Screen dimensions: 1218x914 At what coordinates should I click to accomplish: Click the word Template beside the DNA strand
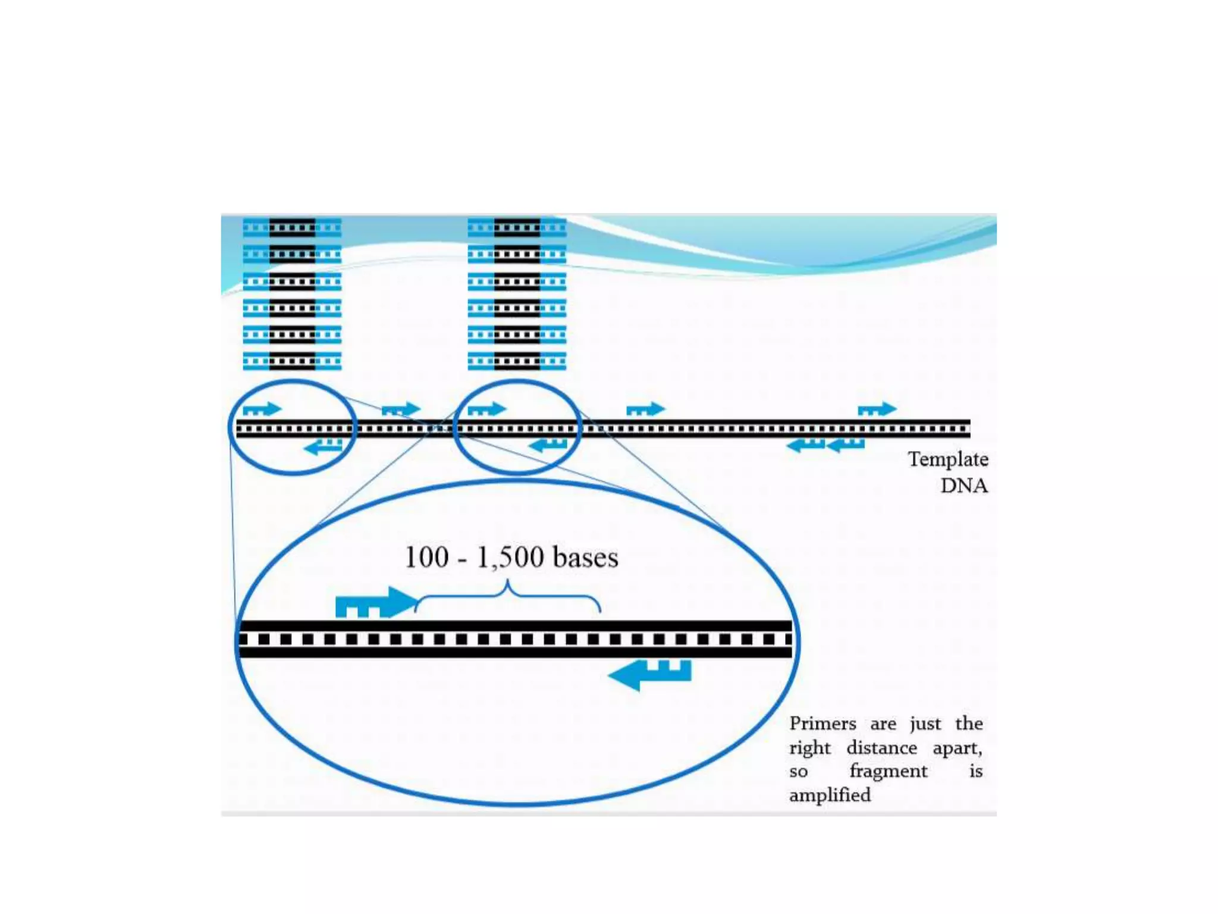(x=947, y=460)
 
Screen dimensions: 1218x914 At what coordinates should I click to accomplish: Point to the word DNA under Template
(x=963, y=486)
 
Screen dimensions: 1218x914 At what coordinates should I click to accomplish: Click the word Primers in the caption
(x=823, y=724)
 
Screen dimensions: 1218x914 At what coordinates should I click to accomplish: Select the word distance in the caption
(x=881, y=748)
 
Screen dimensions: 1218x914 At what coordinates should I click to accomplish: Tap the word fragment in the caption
(x=888, y=772)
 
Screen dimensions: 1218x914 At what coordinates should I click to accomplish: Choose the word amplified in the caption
(x=830, y=796)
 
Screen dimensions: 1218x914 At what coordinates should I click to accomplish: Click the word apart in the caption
(x=956, y=748)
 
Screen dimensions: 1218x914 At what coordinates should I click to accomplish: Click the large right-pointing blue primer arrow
(x=376, y=603)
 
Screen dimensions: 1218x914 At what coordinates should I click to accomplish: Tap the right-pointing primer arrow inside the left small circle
(x=262, y=409)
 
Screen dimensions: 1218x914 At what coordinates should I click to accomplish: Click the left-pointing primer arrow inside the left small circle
(x=323, y=446)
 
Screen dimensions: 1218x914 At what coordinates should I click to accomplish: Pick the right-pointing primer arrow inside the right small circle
(x=486, y=409)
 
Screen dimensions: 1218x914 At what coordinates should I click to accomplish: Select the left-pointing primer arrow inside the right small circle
(x=548, y=445)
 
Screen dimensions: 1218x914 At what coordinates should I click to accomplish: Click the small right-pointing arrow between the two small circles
(x=401, y=409)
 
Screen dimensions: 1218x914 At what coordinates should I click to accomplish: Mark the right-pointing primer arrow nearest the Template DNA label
(x=877, y=409)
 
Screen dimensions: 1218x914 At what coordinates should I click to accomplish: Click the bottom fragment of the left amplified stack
(x=292, y=361)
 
